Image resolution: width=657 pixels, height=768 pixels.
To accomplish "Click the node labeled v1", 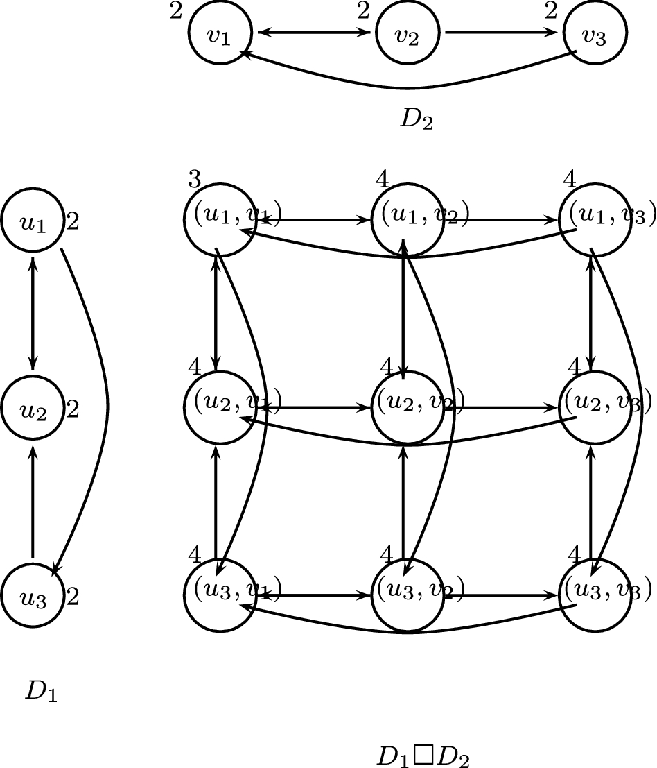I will (220, 33).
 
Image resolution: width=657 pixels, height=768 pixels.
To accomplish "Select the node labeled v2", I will (408, 33).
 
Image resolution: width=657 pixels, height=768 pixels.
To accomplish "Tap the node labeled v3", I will (595, 33).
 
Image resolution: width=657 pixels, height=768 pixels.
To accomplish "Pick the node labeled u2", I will (33, 409).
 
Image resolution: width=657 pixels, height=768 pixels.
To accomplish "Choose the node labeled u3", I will (33, 596).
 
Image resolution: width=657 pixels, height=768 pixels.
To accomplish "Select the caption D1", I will (41, 691).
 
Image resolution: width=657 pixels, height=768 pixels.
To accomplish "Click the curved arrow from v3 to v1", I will (409, 88).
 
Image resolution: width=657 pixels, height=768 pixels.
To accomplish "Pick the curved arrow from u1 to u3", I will (107, 402).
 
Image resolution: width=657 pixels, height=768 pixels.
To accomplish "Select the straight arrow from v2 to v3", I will (500, 33).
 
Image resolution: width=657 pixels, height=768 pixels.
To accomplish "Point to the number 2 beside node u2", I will (73, 409).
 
